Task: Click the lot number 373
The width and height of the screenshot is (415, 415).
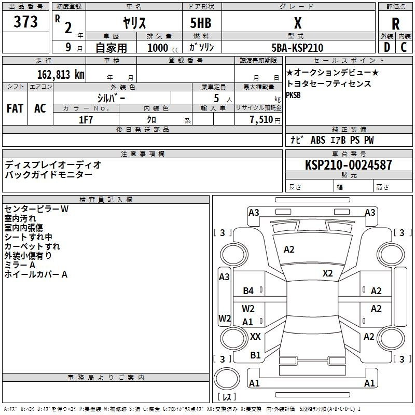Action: tap(25, 21)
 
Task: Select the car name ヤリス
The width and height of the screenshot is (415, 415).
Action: tap(134, 23)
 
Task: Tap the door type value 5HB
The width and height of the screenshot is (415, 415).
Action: tap(201, 23)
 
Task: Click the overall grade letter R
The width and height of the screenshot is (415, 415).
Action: tap(395, 23)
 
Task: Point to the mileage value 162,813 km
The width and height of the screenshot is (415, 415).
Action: tap(61, 74)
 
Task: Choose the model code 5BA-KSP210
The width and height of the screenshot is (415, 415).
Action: tap(297, 48)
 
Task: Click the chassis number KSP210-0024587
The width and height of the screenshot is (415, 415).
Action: tap(349, 164)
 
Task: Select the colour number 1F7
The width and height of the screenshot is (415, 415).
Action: tap(86, 120)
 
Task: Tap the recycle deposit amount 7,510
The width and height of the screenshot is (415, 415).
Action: tap(261, 120)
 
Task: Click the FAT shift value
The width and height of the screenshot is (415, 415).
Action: tap(15, 108)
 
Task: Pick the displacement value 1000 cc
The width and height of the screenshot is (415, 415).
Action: tap(163, 48)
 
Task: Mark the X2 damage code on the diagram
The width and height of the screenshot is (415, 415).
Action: tap(327, 273)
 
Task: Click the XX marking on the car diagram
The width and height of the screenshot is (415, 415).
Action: tap(255, 337)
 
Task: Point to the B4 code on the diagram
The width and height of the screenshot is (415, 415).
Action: tap(248, 291)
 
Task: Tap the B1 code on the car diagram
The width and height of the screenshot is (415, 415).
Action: tap(255, 355)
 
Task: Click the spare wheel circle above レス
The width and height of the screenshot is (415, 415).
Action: tap(227, 378)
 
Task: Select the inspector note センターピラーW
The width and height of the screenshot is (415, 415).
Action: tap(36, 209)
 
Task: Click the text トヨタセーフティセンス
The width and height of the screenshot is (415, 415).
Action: tap(329, 84)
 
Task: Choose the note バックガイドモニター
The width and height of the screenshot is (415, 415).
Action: tap(48, 175)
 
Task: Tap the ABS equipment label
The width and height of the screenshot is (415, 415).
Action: tap(318, 140)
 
